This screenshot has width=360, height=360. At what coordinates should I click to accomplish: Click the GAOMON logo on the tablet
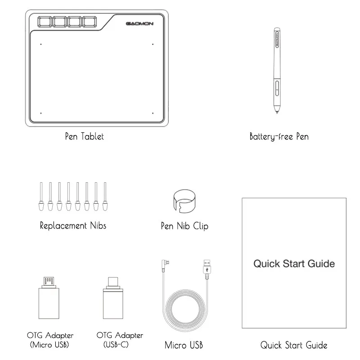139,24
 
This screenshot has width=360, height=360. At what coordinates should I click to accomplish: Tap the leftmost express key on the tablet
45,22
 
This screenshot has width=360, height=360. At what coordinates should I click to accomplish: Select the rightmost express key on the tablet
89,22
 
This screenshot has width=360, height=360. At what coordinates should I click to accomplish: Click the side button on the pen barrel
277,88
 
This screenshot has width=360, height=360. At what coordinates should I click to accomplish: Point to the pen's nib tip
277,113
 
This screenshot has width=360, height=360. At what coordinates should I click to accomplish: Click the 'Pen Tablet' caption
85,136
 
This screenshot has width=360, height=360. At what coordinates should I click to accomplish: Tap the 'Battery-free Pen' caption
279,136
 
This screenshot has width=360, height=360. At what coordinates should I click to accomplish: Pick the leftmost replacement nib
41,196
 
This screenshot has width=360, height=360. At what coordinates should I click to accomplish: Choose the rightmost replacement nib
105,196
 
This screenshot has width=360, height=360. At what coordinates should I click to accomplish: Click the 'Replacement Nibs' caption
73,225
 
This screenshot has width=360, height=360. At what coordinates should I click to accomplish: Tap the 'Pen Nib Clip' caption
184,226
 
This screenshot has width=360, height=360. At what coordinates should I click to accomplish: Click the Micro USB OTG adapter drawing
49,298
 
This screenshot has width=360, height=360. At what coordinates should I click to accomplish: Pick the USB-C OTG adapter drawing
113,298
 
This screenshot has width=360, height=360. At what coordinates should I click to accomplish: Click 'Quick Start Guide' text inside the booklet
294,264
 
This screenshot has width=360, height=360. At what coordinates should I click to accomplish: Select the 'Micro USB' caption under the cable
184,345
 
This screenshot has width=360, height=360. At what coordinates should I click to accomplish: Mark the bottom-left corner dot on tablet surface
41,113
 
